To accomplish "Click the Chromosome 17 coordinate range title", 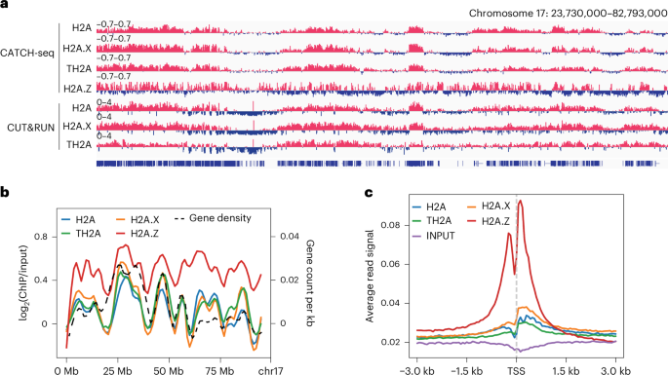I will pos(562,13).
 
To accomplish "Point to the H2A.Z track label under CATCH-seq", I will pos(77,88).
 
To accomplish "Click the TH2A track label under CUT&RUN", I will pos(79,144).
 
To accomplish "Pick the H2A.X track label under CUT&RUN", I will pos(77,126).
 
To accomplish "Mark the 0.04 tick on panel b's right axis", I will pos(290,236).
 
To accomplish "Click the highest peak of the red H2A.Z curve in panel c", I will pos(521,201).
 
